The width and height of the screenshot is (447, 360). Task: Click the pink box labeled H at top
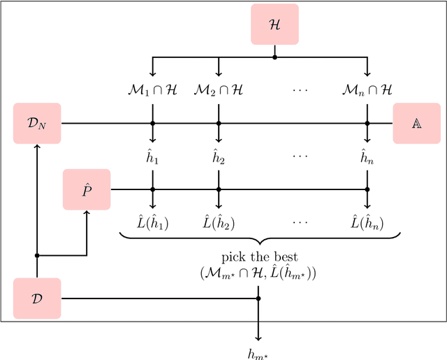(274, 24)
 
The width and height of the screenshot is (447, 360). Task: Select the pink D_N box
(37, 123)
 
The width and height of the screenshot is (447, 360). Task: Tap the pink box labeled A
(416, 123)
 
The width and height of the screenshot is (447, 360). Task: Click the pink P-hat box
(87, 189)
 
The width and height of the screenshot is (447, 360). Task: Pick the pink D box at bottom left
(37, 298)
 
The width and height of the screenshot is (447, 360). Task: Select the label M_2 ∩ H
(219, 90)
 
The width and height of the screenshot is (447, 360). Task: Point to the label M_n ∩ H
(367, 90)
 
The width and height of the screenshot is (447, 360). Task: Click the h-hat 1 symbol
(152, 157)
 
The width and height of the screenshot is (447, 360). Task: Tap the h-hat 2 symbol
(219, 157)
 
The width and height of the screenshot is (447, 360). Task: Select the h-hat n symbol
(367, 157)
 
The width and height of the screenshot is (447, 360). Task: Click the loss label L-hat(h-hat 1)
(152, 223)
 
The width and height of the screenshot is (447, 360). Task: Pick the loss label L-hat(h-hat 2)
(219, 223)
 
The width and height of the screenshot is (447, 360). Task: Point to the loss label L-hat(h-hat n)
(367, 223)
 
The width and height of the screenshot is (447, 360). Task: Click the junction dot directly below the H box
(274, 57)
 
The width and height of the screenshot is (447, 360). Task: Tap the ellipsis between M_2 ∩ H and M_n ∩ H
(300, 90)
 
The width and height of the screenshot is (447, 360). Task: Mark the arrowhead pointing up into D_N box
(37, 145)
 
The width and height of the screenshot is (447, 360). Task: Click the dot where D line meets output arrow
(258, 298)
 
